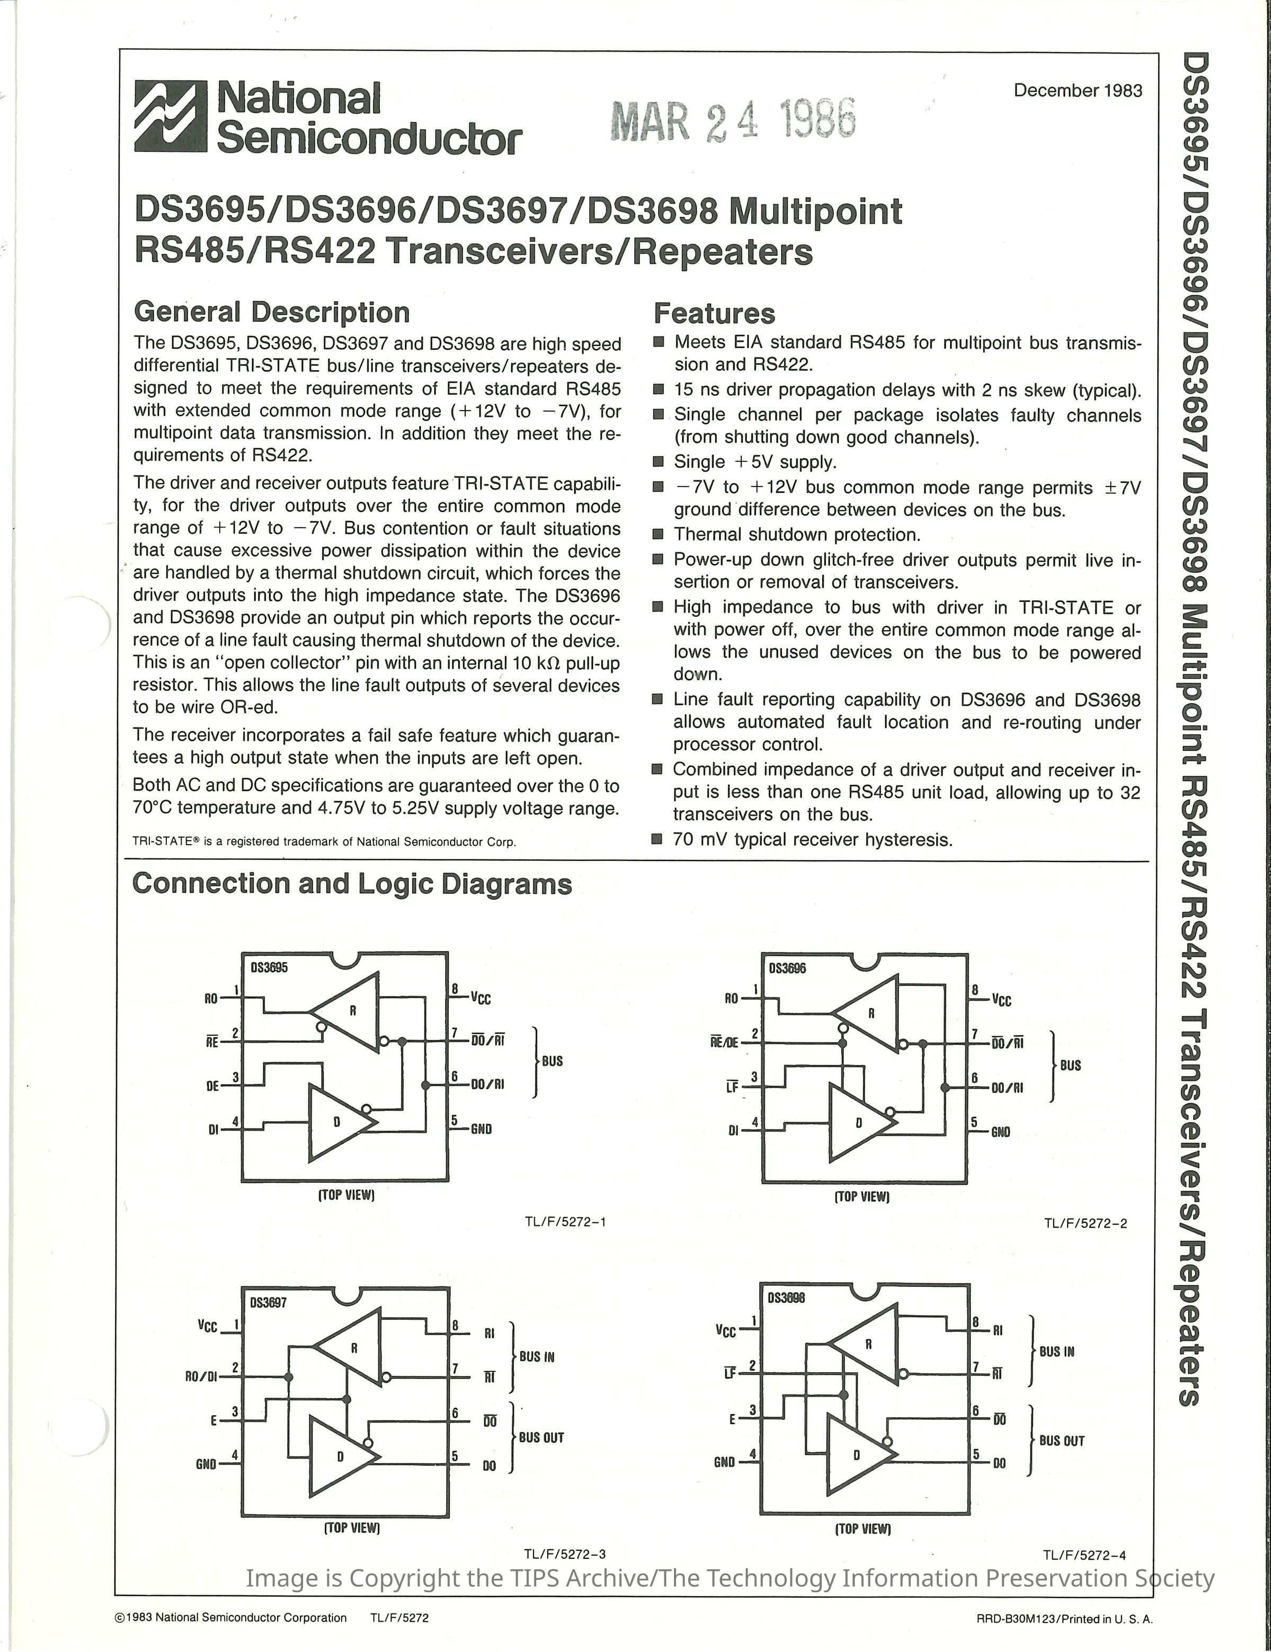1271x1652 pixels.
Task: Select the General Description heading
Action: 272,312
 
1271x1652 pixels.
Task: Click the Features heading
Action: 714,313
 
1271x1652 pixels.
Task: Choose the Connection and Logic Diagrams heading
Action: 352,884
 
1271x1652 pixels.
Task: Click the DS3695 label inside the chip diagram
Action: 269,968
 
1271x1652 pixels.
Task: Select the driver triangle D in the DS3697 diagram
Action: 341,1455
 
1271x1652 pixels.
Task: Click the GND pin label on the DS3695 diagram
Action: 481,1129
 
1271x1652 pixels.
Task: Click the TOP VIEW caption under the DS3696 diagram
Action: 861,1197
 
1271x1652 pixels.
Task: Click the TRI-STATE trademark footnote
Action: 324,841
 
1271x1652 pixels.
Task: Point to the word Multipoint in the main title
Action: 815,211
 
